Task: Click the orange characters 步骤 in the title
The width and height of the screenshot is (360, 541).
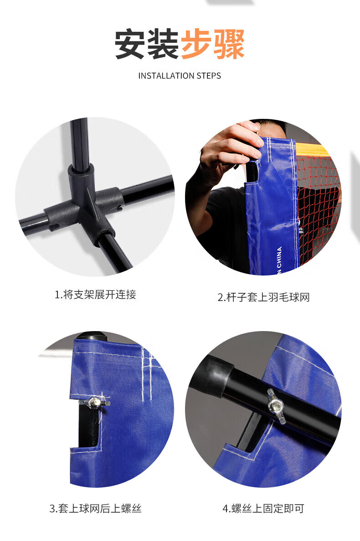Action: point(213,44)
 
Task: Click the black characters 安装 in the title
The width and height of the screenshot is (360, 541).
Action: point(147,44)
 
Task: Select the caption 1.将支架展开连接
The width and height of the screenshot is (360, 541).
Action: point(95,295)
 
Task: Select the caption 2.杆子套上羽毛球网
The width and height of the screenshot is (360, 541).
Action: point(263,297)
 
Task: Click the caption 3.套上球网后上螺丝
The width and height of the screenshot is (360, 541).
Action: point(95,509)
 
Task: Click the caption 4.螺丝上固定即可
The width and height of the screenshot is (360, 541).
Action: point(263,509)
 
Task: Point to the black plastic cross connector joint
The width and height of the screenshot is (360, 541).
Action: point(85,204)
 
